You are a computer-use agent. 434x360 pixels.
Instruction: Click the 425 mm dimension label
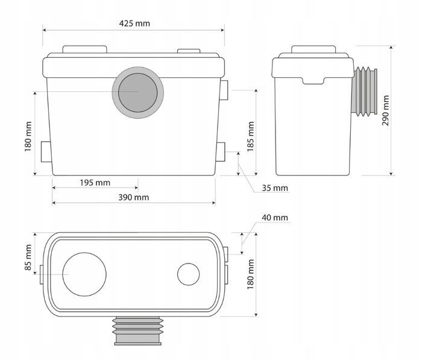(x=134, y=24)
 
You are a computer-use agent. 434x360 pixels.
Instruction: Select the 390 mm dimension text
(x=134, y=197)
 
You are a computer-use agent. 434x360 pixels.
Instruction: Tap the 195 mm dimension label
(x=95, y=183)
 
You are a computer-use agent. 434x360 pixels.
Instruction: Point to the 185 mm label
(x=251, y=136)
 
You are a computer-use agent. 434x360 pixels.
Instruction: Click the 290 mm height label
(x=385, y=110)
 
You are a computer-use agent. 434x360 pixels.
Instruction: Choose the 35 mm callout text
(x=275, y=188)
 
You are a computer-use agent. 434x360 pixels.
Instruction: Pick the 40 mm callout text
(x=275, y=217)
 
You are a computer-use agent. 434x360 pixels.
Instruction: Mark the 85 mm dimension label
(x=28, y=257)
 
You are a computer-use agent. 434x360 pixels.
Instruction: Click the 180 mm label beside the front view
(x=28, y=136)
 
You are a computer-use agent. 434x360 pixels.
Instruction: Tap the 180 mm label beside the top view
(x=251, y=274)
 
